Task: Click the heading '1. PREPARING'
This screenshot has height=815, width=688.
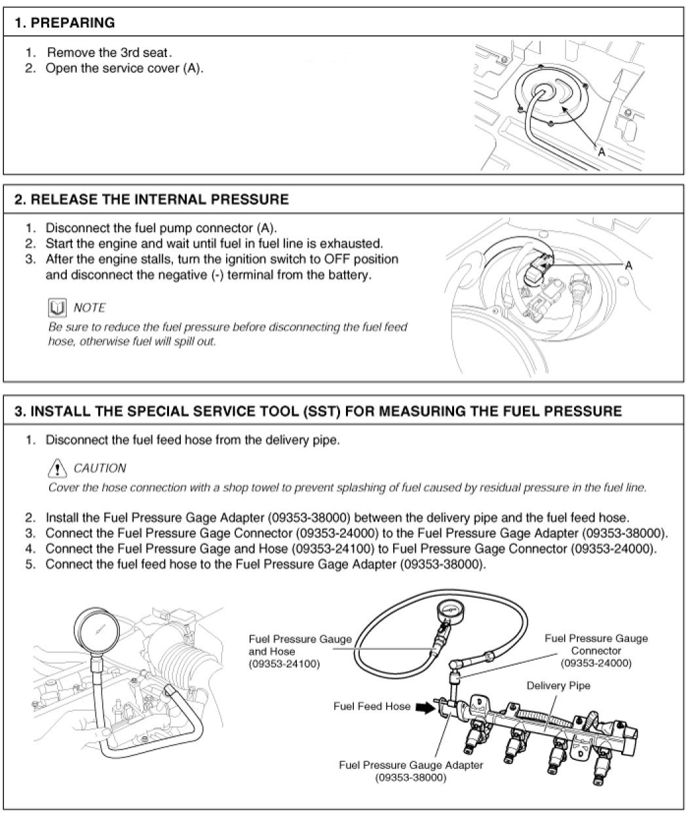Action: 64,23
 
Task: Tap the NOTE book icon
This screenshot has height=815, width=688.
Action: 57,307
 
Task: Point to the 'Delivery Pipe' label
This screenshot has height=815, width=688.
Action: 558,685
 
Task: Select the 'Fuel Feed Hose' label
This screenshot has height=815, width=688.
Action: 372,706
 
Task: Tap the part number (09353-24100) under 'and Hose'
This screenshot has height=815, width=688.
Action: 284,664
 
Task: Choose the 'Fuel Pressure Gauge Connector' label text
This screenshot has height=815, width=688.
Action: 596,645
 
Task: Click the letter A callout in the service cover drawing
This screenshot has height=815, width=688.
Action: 600,151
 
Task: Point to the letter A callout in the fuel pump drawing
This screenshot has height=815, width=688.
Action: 628,265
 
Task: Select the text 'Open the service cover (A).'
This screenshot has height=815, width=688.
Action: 124,69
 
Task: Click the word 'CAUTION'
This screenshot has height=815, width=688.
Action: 100,468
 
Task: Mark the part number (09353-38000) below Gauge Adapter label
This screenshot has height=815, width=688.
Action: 411,778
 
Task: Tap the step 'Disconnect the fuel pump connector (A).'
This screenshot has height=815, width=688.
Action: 161,228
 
